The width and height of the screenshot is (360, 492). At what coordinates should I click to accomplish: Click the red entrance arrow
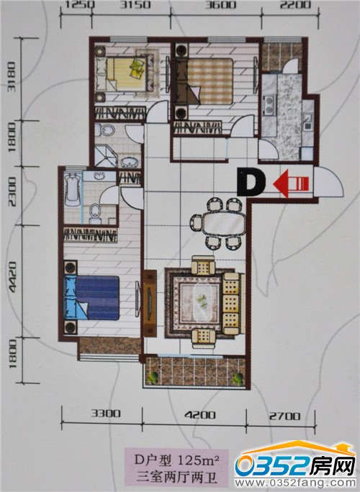tap(291, 183)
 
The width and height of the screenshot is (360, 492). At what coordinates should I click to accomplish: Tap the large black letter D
tap(251, 182)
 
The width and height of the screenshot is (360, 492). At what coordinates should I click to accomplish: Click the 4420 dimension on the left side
tap(12, 281)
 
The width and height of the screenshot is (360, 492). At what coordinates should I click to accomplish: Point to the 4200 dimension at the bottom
tap(200, 415)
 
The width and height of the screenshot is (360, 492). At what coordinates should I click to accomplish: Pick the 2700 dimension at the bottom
tap(284, 416)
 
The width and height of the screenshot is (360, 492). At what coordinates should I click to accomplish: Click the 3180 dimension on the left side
tap(12, 77)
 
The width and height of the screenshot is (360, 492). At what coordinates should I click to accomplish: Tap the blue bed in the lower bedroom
tap(91, 298)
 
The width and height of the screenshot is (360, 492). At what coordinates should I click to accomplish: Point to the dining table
tap(223, 223)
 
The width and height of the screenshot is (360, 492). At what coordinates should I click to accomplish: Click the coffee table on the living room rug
tap(202, 302)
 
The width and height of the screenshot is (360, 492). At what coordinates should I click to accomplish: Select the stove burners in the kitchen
tap(269, 105)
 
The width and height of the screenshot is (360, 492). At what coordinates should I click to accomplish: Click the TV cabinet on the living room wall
tap(150, 303)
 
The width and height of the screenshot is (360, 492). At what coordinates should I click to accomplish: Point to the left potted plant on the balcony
tap(153, 378)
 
